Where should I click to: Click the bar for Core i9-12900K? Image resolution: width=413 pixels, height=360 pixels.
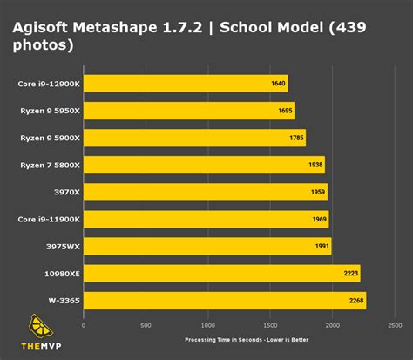[x=186, y=84]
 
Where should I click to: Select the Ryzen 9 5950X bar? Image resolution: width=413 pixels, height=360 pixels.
[x=189, y=111]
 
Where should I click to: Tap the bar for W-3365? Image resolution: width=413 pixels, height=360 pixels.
[x=225, y=301]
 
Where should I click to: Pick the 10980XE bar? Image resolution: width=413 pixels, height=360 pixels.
[x=222, y=274]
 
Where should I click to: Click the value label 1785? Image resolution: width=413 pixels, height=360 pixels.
[x=296, y=138]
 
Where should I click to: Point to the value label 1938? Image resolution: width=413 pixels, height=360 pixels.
[x=315, y=165]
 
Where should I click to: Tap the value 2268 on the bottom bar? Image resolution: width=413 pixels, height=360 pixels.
[x=356, y=301]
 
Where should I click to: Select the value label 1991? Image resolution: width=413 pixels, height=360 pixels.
[x=322, y=247]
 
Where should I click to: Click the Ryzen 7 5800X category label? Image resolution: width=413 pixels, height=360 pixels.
[x=50, y=166]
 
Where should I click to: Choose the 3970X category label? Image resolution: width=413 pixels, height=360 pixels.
[x=67, y=192]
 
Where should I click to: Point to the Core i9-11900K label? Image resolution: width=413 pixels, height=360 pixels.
[x=49, y=220]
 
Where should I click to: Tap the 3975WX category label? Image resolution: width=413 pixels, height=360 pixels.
[x=63, y=247]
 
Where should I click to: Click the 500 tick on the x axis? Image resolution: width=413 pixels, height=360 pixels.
[x=146, y=325]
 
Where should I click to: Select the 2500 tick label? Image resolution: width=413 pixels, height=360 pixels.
[x=395, y=325]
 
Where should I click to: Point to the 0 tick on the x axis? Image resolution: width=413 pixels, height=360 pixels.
[x=84, y=325]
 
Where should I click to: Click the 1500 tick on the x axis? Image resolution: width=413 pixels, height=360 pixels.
[x=270, y=325]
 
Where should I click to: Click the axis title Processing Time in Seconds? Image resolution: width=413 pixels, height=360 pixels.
[x=223, y=340]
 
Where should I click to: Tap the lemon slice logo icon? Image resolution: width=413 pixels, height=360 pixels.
[x=40, y=326]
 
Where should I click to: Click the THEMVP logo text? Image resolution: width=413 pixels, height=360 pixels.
[x=41, y=346]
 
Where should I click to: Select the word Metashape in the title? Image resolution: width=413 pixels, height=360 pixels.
[x=115, y=28]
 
